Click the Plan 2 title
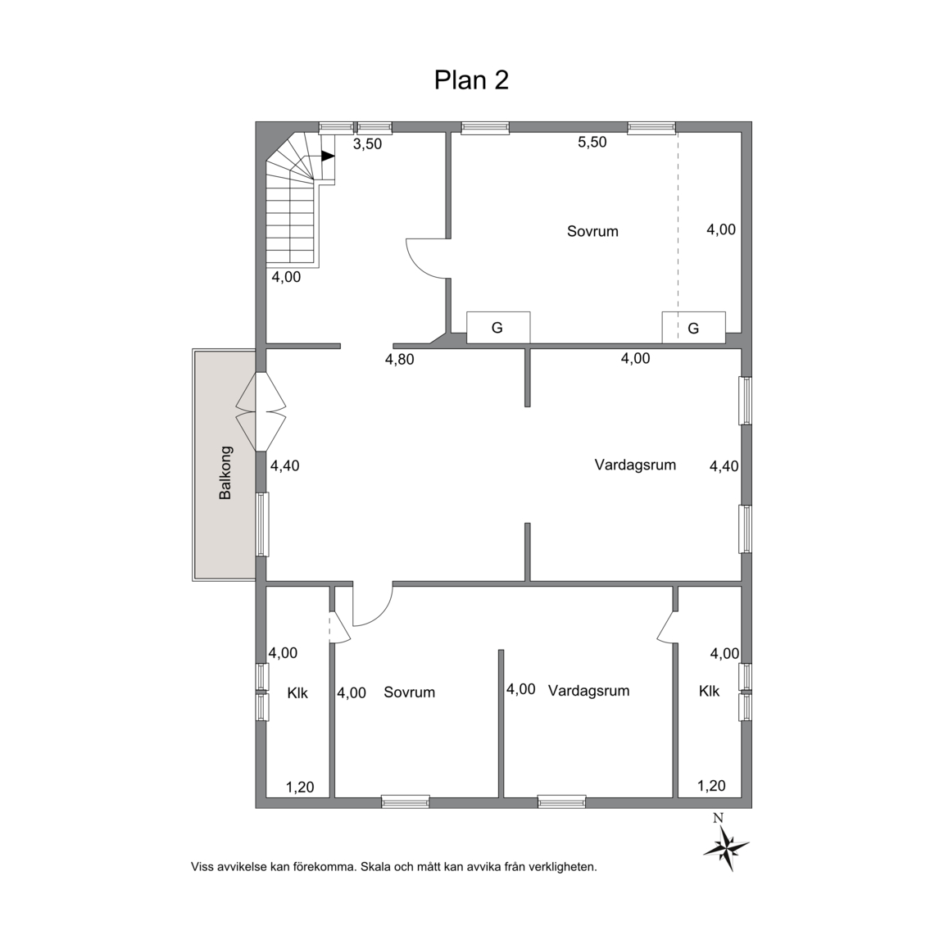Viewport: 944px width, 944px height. coord(471,80)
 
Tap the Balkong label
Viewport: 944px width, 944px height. coord(225,473)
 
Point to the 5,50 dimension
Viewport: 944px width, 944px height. coord(592,142)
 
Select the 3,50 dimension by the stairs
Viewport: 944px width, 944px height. coord(367,144)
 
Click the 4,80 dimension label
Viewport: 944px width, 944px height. coord(400,360)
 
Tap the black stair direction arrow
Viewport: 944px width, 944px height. coord(328,156)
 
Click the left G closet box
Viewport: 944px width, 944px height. coord(498,328)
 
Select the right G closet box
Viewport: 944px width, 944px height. coord(693,328)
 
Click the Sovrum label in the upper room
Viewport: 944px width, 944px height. coord(592,231)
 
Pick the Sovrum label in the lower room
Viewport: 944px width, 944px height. coord(410,692)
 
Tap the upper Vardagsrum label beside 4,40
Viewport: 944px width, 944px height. coord(635,465)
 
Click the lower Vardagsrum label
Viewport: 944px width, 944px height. coord(589,691)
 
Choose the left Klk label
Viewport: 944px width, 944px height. coord(297,693)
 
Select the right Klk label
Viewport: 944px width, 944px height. coord(709,691)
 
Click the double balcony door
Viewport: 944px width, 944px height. coord(261,412)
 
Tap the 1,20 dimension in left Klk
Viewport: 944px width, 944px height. coord(300,787)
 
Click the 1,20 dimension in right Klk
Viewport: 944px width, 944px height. coord(711,786)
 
